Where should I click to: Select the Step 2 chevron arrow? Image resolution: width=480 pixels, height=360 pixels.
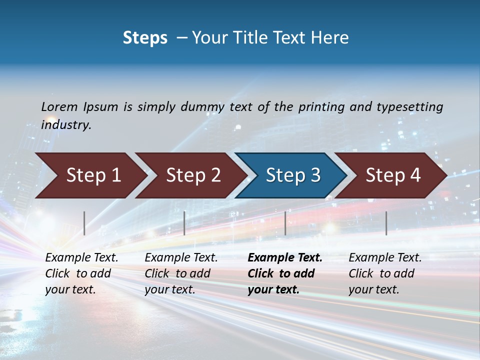point(192,175)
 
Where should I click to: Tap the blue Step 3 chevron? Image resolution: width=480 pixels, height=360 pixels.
point(292,175)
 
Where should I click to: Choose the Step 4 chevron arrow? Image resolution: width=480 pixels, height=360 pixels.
point(392,175)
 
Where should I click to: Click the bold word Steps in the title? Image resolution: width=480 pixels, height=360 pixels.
point(145,38)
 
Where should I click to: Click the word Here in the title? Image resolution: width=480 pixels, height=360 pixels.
point(329,38)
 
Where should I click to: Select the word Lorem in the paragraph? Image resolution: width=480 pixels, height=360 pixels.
point(59,106)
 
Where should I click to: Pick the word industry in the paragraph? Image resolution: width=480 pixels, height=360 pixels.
point(66,124)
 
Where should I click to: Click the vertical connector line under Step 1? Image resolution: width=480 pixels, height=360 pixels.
point(84,223)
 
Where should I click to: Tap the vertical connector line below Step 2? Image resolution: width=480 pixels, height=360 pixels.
point(184,223)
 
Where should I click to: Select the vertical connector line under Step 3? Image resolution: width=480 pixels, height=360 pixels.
point(285,223)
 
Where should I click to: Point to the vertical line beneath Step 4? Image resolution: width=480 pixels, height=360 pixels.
point(386,223)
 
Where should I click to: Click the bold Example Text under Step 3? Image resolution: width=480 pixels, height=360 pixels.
point(285,258)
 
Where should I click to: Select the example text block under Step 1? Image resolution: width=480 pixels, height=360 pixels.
point(81,273)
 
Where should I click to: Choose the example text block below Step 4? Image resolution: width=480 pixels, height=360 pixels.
point(384,273)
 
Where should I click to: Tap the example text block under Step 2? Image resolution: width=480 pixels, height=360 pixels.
point(180,273)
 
